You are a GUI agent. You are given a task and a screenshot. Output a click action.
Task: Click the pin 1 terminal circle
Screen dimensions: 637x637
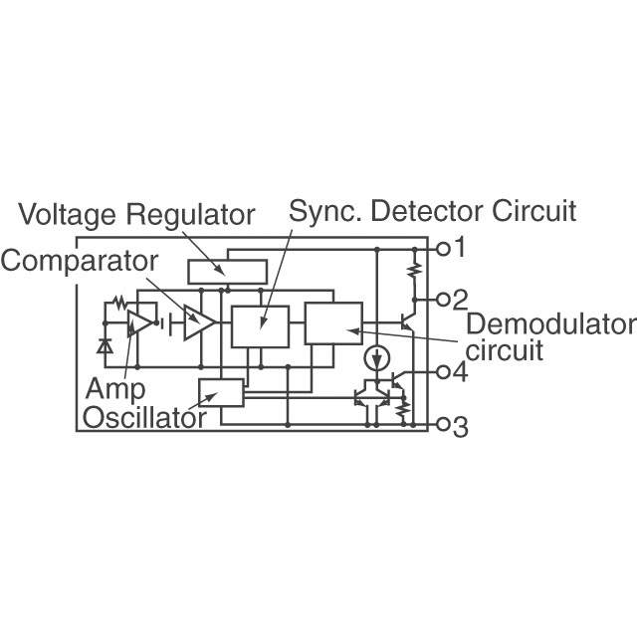click(x=443, y=249)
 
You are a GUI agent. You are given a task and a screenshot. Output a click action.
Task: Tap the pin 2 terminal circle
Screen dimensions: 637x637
click(x=443, y=300)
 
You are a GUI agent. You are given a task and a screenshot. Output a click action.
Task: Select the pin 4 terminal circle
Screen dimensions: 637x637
click(x=443, y=371)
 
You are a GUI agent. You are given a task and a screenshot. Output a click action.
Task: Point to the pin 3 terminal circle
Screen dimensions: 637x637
click(x=443, y=425)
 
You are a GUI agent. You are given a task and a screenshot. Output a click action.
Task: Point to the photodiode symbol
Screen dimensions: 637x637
click(x=105, y=346)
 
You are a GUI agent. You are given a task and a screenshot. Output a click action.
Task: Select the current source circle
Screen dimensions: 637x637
click(x=377, y=358)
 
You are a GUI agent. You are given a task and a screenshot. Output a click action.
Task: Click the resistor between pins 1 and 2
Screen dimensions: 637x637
click(x=414, y=270)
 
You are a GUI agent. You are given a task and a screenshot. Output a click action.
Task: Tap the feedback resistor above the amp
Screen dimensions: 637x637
click(x=119, y=303)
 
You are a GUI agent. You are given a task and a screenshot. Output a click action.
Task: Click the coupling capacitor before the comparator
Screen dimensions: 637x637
click(x=166, y=323)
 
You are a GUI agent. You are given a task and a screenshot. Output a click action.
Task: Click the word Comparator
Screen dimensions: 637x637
click(x=80, y=261)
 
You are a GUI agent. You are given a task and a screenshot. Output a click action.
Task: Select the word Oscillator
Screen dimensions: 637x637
click(x=144, y=418)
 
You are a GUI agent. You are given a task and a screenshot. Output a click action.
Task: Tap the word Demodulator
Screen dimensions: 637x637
click(x=551, y=324)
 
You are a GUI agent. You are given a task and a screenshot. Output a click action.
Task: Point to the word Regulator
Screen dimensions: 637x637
click(x=190, y=215)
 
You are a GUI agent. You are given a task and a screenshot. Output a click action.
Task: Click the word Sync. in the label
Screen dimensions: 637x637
click(x=325, y=212)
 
